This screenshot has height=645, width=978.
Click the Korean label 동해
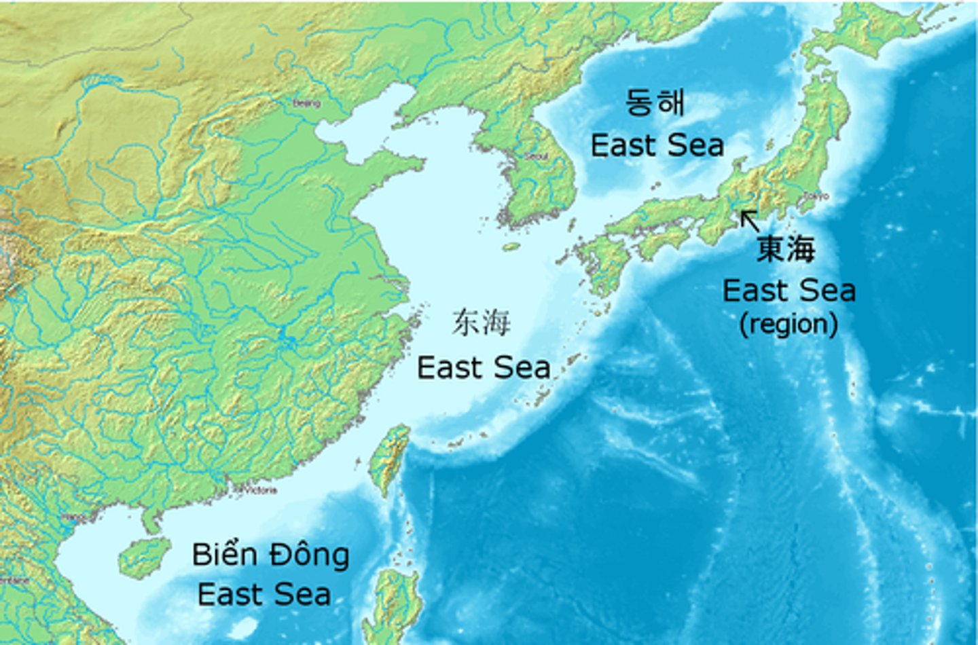(x=654, y=103)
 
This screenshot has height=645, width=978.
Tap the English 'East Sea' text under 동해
(x=657, y=145)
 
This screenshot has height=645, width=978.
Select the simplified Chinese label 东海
(x=481, y=323)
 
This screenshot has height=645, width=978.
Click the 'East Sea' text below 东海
(x=483, y=368)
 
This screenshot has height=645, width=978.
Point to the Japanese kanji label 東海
(x=786, y=249)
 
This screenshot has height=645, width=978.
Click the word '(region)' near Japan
(x=788, y=324)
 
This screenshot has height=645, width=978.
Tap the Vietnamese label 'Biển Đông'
(x=270, y=555)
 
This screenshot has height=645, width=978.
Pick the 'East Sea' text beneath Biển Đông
(x=264, y=595)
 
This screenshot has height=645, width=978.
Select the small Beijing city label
(x=306, y=104)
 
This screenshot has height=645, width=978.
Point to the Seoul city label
(x=536, y=156)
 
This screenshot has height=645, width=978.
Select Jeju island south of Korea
(x=511, y=247)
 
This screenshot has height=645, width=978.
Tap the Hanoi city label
(x=73, y=517)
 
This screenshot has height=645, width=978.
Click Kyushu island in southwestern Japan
(x=601, y=261)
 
